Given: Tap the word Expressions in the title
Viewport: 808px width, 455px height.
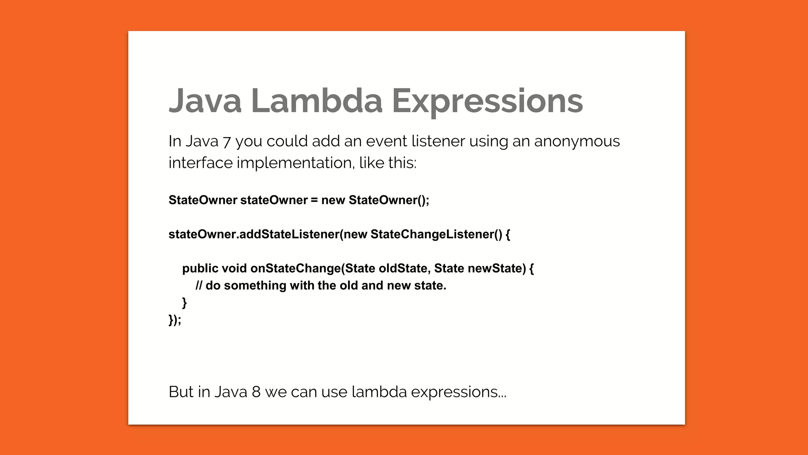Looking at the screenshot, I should [x=487, y=101].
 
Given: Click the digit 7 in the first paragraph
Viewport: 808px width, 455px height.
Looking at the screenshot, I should [x=226, y=142].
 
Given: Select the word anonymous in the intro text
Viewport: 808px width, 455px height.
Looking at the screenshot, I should [x=577, y=141].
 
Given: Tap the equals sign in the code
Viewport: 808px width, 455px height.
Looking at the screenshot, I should [x=314, y=200].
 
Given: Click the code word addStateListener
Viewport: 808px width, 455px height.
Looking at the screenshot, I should [x=289, y=234].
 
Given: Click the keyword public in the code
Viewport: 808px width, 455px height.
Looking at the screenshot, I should [x=200, y=269].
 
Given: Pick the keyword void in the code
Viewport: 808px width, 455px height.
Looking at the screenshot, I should [x=234, y=269].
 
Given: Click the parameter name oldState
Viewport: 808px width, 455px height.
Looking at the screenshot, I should [x=403, y=269].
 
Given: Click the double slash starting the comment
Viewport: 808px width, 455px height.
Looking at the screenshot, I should [x=199, y=286].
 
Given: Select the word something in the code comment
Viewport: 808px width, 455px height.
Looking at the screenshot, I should [x=255, y=286].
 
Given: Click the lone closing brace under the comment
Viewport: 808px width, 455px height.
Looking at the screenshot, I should [x=184, y=303].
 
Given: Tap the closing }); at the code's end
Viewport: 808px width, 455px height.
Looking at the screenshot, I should [x=175, y=320].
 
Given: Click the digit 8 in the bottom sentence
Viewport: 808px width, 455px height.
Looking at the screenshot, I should [x=256, y=392].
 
